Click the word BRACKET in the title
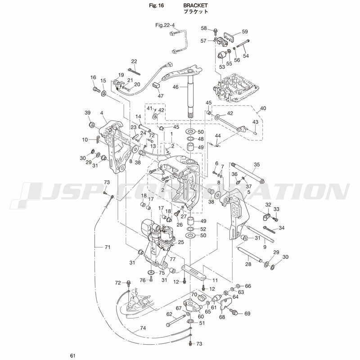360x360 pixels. point(195,5)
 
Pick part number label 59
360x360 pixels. point(245,31)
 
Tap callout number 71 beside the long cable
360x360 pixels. point(107,247)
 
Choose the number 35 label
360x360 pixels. point(257,165)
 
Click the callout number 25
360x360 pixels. point(181,242)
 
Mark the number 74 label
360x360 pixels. point(143,328)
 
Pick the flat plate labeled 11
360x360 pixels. point(193,273)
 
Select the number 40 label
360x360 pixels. point(263,108)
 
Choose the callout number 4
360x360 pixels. point(102,112)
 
